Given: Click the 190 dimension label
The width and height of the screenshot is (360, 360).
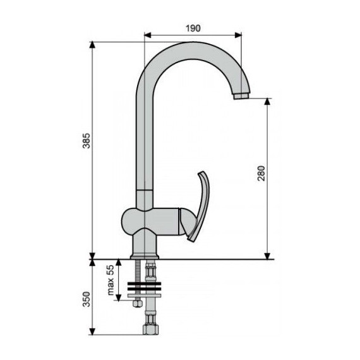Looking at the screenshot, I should point(193,28).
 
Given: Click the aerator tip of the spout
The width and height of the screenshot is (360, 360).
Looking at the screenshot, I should point(242,97).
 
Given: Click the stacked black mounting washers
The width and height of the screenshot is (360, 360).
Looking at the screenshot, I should point(145,288).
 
